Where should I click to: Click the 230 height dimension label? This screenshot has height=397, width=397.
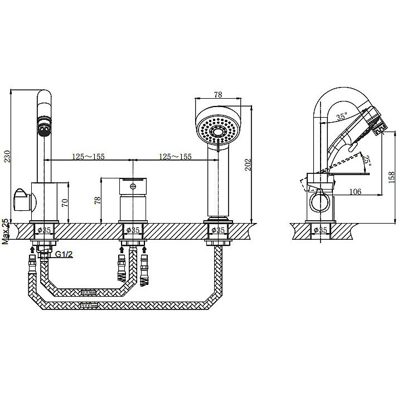(8, 156)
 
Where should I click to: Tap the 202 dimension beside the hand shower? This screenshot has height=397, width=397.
(248, 164)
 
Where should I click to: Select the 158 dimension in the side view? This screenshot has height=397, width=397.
(391, 177)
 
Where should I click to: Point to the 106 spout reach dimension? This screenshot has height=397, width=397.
(355, 192)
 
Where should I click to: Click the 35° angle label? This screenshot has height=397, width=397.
(342, 117)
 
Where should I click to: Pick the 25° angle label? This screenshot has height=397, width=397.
(366, 160)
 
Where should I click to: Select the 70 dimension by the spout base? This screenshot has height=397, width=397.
(65, 203)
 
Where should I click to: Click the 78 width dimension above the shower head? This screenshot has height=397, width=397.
(218, 94)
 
